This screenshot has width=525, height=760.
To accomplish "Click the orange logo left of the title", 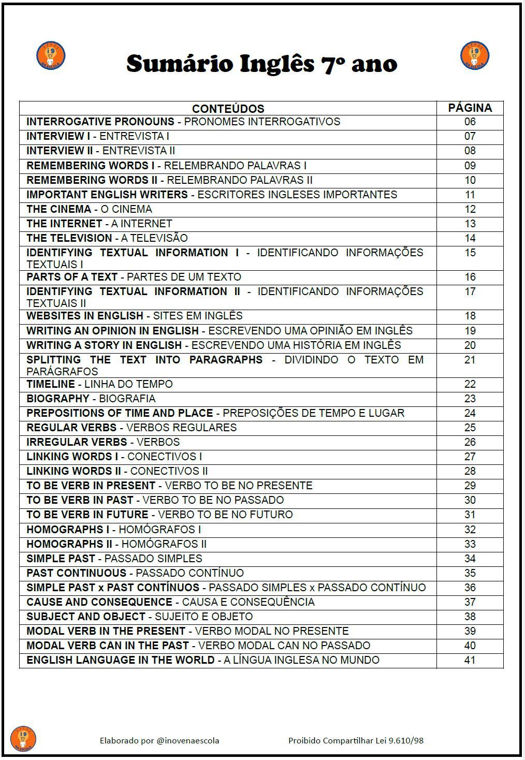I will (50, 55).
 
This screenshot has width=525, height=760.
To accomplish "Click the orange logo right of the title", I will (474, 55).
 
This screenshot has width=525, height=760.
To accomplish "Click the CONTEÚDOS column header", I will (228, 109).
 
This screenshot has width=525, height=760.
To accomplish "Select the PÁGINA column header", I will (470, 108).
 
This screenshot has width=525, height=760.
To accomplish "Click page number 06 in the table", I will (470, 122).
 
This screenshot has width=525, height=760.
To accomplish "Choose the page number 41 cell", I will (470, 660).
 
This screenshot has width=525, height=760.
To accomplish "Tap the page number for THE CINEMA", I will (470, 209).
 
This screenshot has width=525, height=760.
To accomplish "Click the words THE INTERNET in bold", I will (64, 224).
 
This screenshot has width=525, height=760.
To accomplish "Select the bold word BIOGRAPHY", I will (58, 399).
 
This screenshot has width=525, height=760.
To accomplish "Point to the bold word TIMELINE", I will (51, 384).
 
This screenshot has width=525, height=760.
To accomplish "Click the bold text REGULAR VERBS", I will (71, 428).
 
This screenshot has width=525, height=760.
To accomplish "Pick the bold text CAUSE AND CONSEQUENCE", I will (99, 602).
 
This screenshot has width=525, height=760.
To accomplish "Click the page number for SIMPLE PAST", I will (470, 559).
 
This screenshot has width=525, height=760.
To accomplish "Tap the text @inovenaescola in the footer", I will (187, 741).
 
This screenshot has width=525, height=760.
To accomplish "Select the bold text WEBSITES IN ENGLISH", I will (85, 316).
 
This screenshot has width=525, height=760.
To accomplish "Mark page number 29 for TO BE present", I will (470, 486).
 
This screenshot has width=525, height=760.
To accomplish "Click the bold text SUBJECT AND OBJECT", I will (86, 617).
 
